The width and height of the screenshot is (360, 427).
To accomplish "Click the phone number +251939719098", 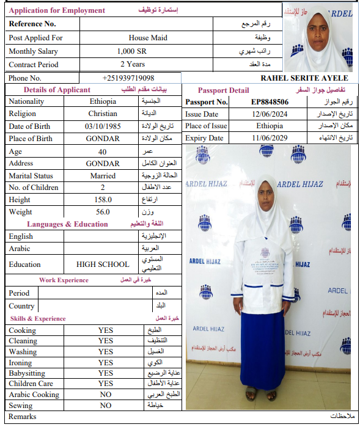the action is point(128,78).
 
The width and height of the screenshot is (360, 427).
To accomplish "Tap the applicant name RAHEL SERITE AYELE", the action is point(304,78).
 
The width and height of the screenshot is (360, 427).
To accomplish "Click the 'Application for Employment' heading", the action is point(57,10).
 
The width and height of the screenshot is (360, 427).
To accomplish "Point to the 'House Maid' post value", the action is point(148,38).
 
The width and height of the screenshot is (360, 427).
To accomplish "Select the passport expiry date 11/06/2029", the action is point(270,138).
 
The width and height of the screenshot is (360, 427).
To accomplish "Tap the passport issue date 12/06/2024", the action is point(270,114).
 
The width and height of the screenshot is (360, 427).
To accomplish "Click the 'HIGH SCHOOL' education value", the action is point(103,265).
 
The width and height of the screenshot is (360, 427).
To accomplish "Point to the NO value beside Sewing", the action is point(105,405).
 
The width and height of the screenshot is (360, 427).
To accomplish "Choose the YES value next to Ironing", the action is point(105,362).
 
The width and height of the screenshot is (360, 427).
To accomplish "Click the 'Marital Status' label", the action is point(31,176).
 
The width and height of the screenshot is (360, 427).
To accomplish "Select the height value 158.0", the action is point(103,200).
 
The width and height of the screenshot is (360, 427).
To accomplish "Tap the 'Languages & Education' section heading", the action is point(67,224).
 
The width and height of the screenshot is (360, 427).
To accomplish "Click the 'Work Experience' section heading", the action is point(64,280).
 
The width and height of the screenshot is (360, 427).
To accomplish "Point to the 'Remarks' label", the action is point(22,417).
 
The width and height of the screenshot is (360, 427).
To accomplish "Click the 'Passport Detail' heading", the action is point(223,90).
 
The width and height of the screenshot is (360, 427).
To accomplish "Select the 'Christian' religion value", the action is point(103,114).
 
